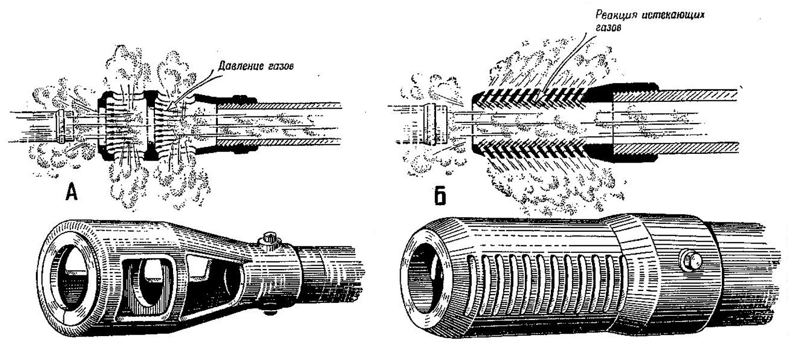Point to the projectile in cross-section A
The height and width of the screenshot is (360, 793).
pyautogui.click(x=63, y=126)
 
